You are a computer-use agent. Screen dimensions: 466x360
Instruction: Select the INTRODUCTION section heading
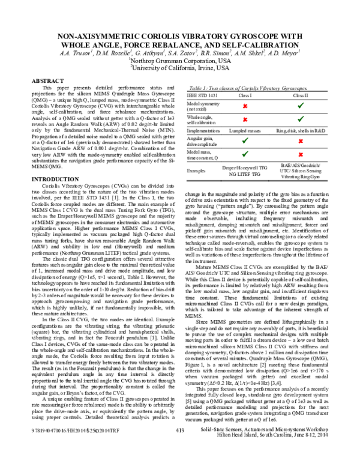click(55, 180)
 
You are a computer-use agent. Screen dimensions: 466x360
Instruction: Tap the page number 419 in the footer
click(179, 446)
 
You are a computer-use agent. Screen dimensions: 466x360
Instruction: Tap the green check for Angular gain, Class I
click(245, 141)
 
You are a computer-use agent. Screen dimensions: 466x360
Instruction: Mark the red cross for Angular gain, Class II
click(299, 141)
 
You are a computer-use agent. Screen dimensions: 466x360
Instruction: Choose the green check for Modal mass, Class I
click(245, 154)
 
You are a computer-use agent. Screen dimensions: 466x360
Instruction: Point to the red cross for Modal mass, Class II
click(299, 154)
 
